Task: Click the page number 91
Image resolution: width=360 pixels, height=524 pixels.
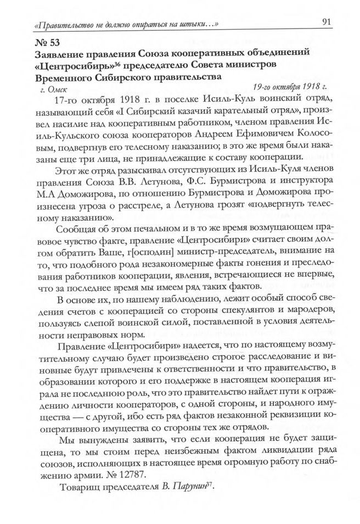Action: (x=324, y=23)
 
